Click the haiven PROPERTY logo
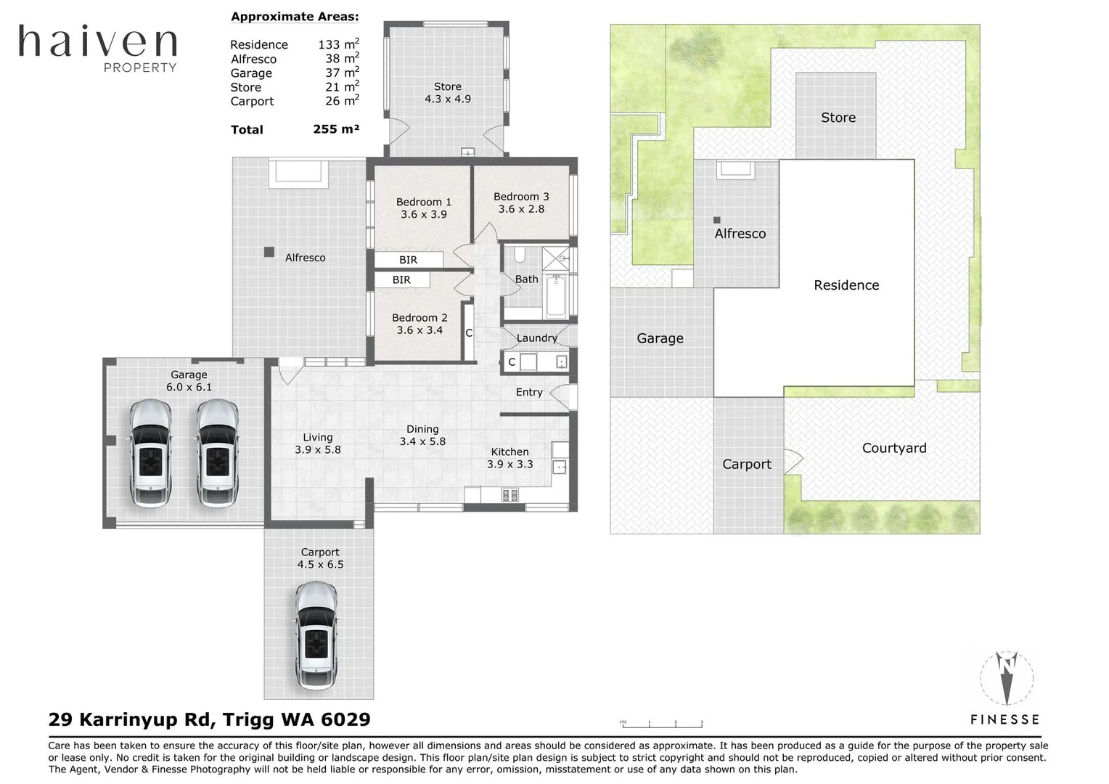click(x=97, y=48)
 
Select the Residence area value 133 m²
click(x=338, y=44)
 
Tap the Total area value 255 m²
click(x=336, y=129)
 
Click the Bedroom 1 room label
click(x=424, y=202)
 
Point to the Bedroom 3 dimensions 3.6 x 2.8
click(x=521, y=209)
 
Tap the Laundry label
click(x=536, y=338)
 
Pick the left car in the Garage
click(x=150, y=453)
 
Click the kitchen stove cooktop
click(x=510, y=495)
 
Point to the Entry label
click(x=529, y=392)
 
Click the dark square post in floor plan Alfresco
click(x=269, y=252)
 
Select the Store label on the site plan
click(x=838, y=118)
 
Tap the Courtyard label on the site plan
click(x=894, y=448)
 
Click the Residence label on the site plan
click(x=846, y=285)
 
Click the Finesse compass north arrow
click(x=1007, y=679)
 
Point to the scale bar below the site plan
click(x=662, y=724)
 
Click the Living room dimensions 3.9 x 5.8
click(x=318, y=450)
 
